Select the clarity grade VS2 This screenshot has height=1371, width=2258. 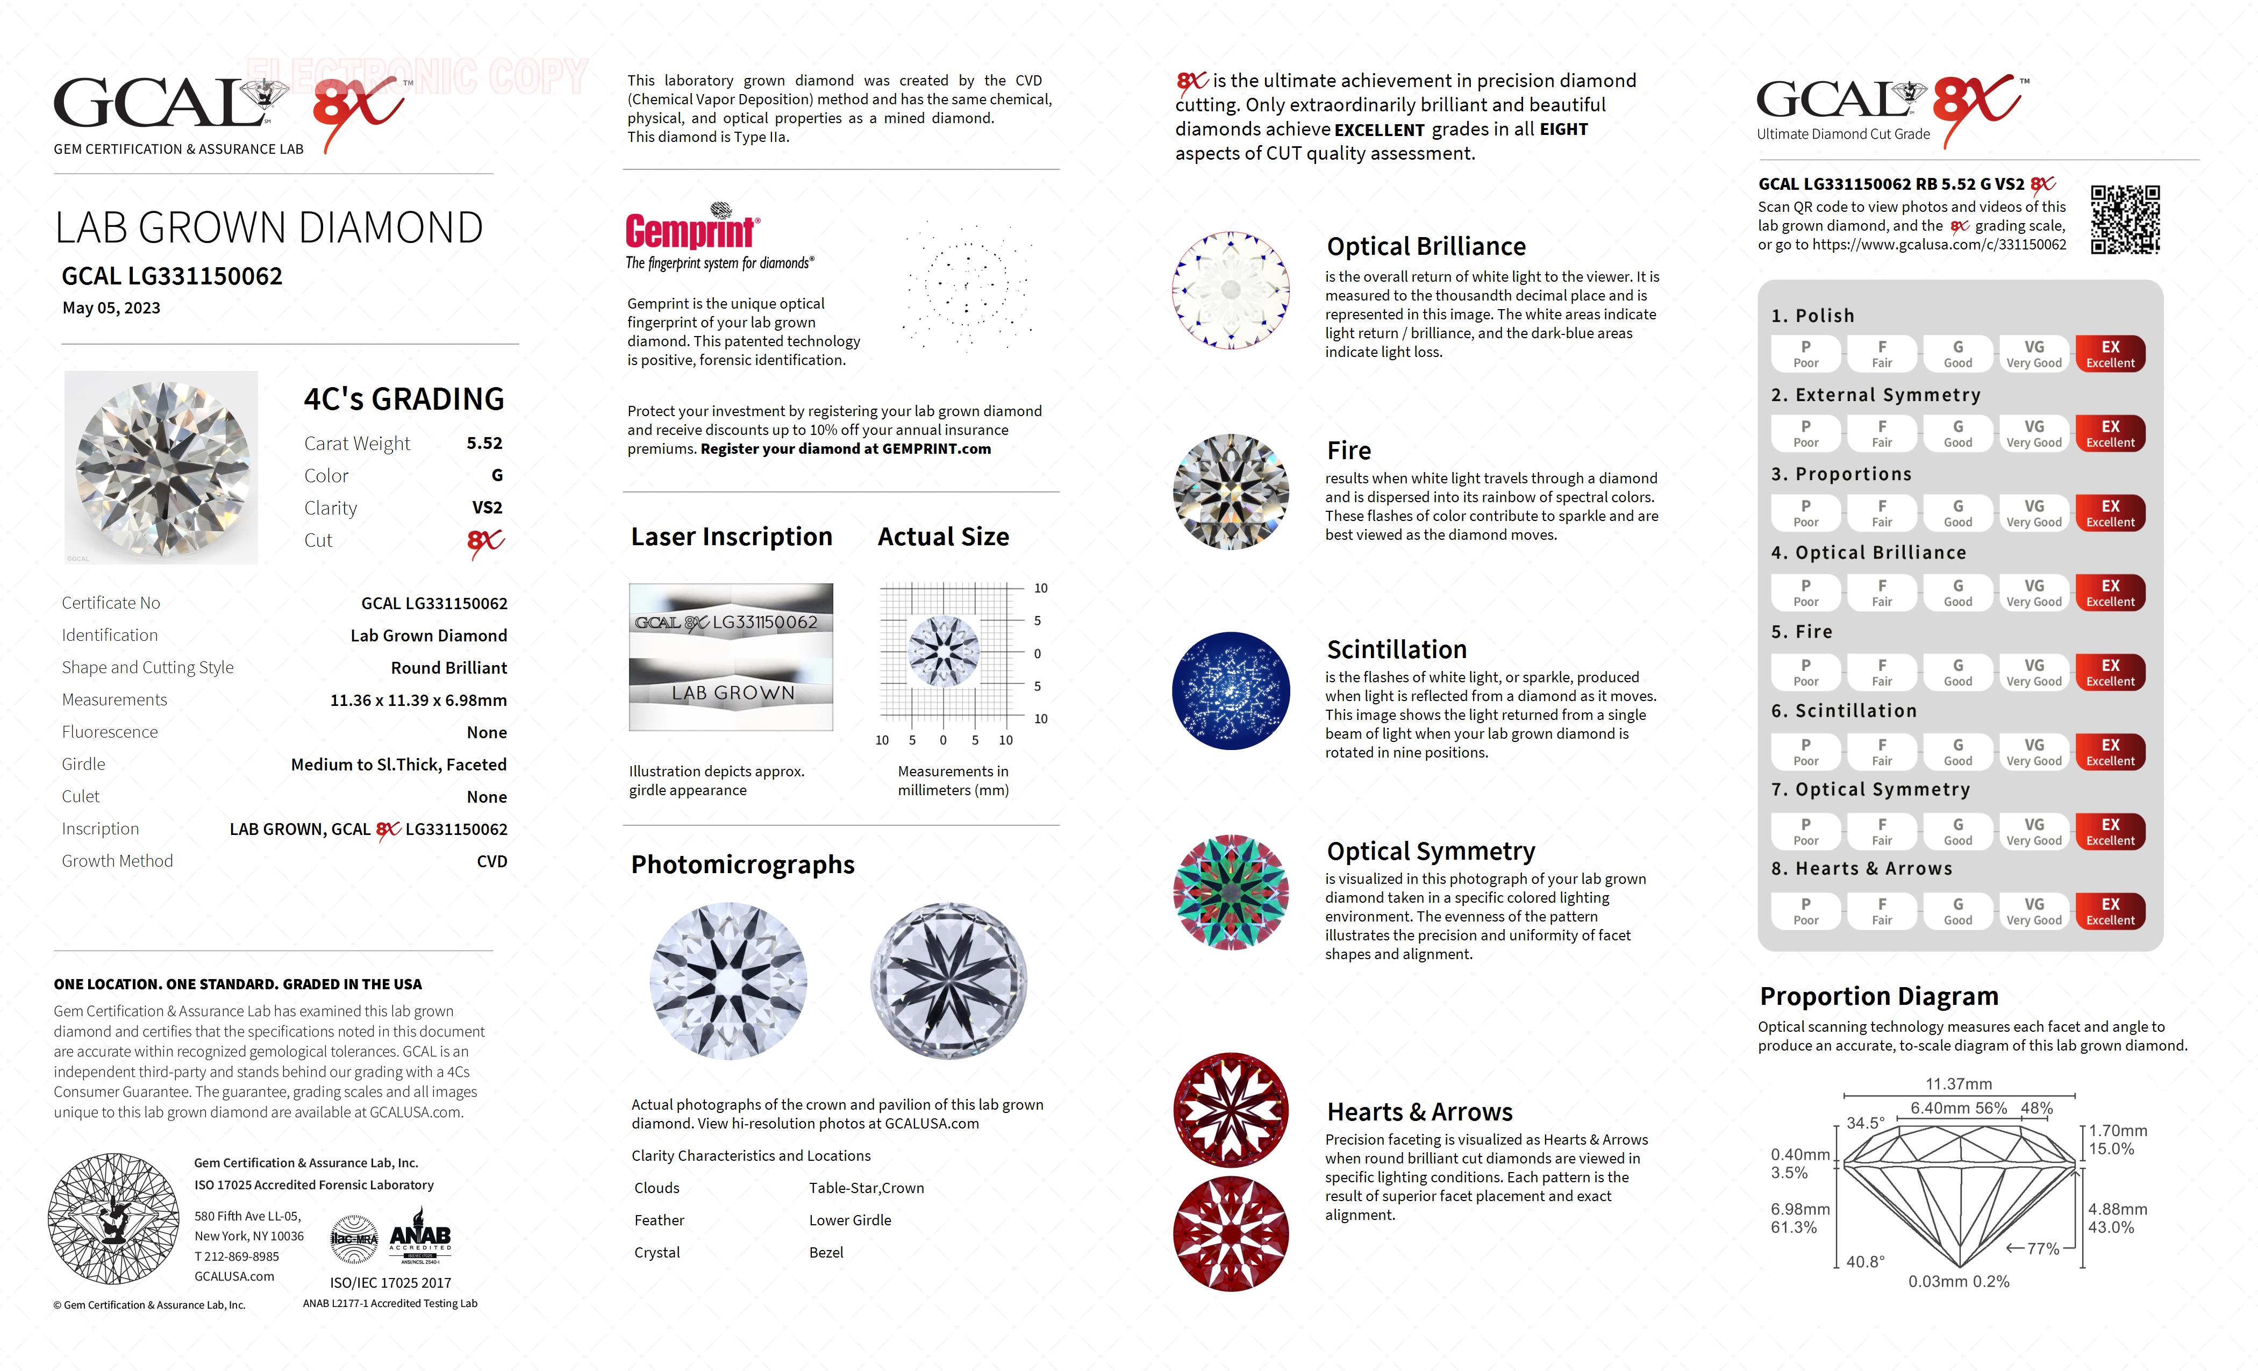[x=487, y=508]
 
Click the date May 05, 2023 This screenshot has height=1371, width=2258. [x=111, y=308]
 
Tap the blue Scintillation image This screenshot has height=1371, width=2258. [x=1231, y=691]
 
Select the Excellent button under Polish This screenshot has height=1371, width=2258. [x=2110, y=354]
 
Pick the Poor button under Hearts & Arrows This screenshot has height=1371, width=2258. [x=1805, y=911]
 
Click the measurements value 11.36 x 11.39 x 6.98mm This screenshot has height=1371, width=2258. [x=418, y=700]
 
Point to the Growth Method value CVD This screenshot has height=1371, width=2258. [x=491, y=861]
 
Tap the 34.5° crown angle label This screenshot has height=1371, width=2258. [x=1865, y=1123]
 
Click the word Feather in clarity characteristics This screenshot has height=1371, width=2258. [x=659, y=1220]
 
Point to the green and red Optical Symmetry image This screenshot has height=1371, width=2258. [x=1231, y=892]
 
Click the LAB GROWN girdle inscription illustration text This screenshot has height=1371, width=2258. [x=732, y=693]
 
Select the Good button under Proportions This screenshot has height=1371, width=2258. [x=1957, y=513]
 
